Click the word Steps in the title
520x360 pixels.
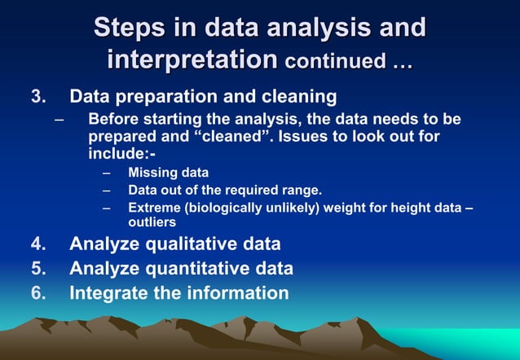[130, 27]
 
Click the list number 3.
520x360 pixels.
[37, 97]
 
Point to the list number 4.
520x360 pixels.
[37, 244]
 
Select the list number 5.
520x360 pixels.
[37, 268]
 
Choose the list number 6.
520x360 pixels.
[37, 292]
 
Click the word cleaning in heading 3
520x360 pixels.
[299, 97]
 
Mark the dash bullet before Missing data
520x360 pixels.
[106, 173]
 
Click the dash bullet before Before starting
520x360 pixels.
[59, 119]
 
